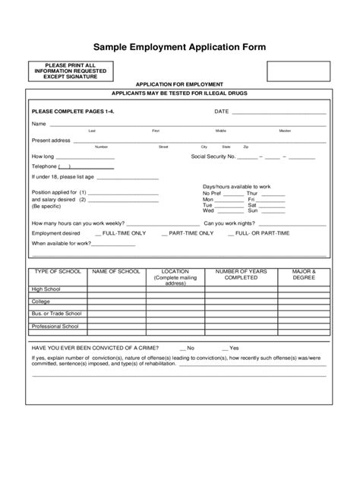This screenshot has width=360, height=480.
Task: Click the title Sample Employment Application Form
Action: click(x=179, y=47)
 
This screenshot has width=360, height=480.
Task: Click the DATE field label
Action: click(x=221, y=111)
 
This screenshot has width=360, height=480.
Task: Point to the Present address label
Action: click(x=51, y=141)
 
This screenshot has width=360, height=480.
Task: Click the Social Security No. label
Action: click(x=213, y=157)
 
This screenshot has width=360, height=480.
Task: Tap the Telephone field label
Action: click(x=44, y=166)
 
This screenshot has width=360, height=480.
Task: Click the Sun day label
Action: click(x=252, y=211)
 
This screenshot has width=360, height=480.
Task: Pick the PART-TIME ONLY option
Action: click(x=190, y=234)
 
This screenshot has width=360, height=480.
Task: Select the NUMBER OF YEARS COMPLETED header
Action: click(x=239, y=274)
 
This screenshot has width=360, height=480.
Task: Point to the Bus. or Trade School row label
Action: click(x=56, y=313)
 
